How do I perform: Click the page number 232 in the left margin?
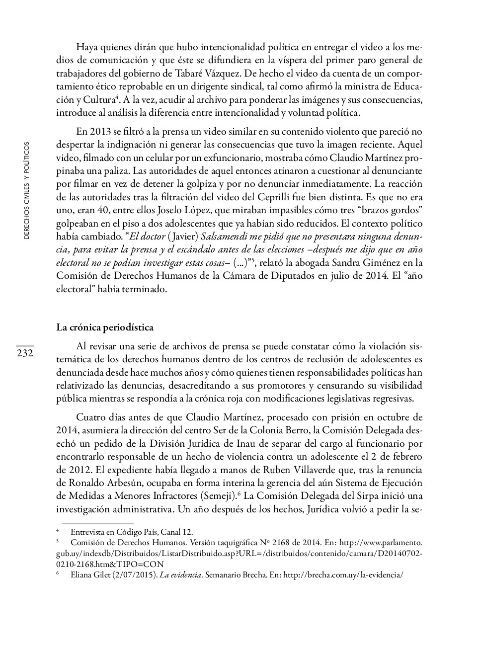(x=25, y=353)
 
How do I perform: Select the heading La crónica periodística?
(x=105, y=327)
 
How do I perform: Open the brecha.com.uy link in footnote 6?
(x=343, y=575)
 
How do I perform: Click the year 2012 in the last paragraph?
(x=67, y=470)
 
